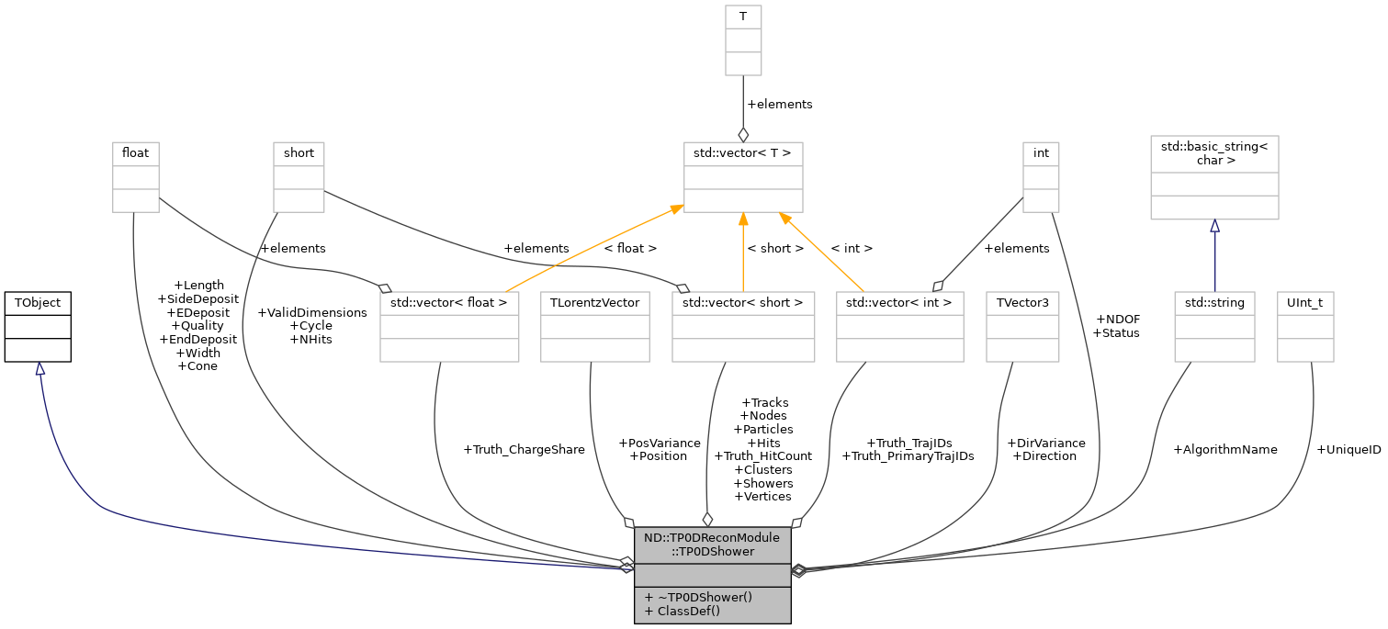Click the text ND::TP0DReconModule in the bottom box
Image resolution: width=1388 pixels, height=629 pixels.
coord(712,537)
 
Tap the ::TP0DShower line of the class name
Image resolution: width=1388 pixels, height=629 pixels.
coord(712,552)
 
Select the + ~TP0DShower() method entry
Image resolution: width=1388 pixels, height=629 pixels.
coord(698,597)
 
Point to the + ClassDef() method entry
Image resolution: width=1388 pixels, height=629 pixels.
coord(683,612)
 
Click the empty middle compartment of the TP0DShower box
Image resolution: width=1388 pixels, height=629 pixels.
coord(712,575)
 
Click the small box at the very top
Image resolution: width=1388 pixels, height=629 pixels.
coord(743,40)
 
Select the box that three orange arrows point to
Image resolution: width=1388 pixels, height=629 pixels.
coord(743,177)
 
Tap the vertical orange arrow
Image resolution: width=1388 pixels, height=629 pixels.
coord(743,253)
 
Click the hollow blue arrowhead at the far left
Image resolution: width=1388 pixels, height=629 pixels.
coord(39,368)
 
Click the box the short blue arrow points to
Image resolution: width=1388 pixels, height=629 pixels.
coord(1214,177)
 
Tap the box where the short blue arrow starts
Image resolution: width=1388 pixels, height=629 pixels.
coord(1214,327)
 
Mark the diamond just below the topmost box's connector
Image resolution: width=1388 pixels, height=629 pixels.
coord(743,135)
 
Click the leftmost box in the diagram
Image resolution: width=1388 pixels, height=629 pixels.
coord(136,177)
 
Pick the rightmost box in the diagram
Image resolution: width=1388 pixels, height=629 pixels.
coord(1305,327)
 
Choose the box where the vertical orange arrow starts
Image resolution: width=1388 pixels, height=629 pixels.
coord(743,327)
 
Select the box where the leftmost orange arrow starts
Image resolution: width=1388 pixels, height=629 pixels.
coord(449,327)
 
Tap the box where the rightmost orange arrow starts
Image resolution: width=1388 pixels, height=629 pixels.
coord(900,327)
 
